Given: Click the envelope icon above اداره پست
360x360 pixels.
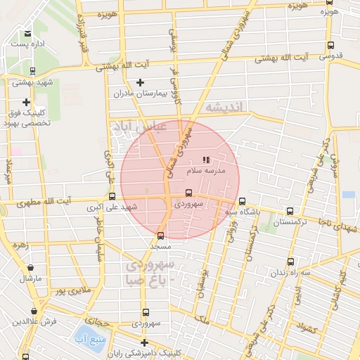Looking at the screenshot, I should (27, 33).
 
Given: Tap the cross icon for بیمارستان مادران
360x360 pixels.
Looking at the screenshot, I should (141, 83).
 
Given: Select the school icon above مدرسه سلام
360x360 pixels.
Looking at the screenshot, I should (206, 160).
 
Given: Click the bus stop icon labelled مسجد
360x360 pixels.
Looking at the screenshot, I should (161, 236).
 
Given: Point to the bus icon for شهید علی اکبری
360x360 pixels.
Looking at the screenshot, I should (112, 197).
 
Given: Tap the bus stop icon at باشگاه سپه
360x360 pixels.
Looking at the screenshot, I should (243, 200).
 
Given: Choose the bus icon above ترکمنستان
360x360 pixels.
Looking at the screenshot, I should (290, 211).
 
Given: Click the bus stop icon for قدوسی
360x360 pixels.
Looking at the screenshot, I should (330, 45).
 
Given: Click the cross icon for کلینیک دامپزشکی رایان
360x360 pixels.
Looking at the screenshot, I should (144, 342).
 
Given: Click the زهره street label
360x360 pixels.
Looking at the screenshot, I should (19, 246).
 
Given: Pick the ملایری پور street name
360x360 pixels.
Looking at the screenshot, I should (74, 290).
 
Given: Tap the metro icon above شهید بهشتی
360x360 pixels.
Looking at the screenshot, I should (32, 70).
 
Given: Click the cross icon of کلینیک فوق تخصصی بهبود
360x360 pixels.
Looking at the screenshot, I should (26, 102).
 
